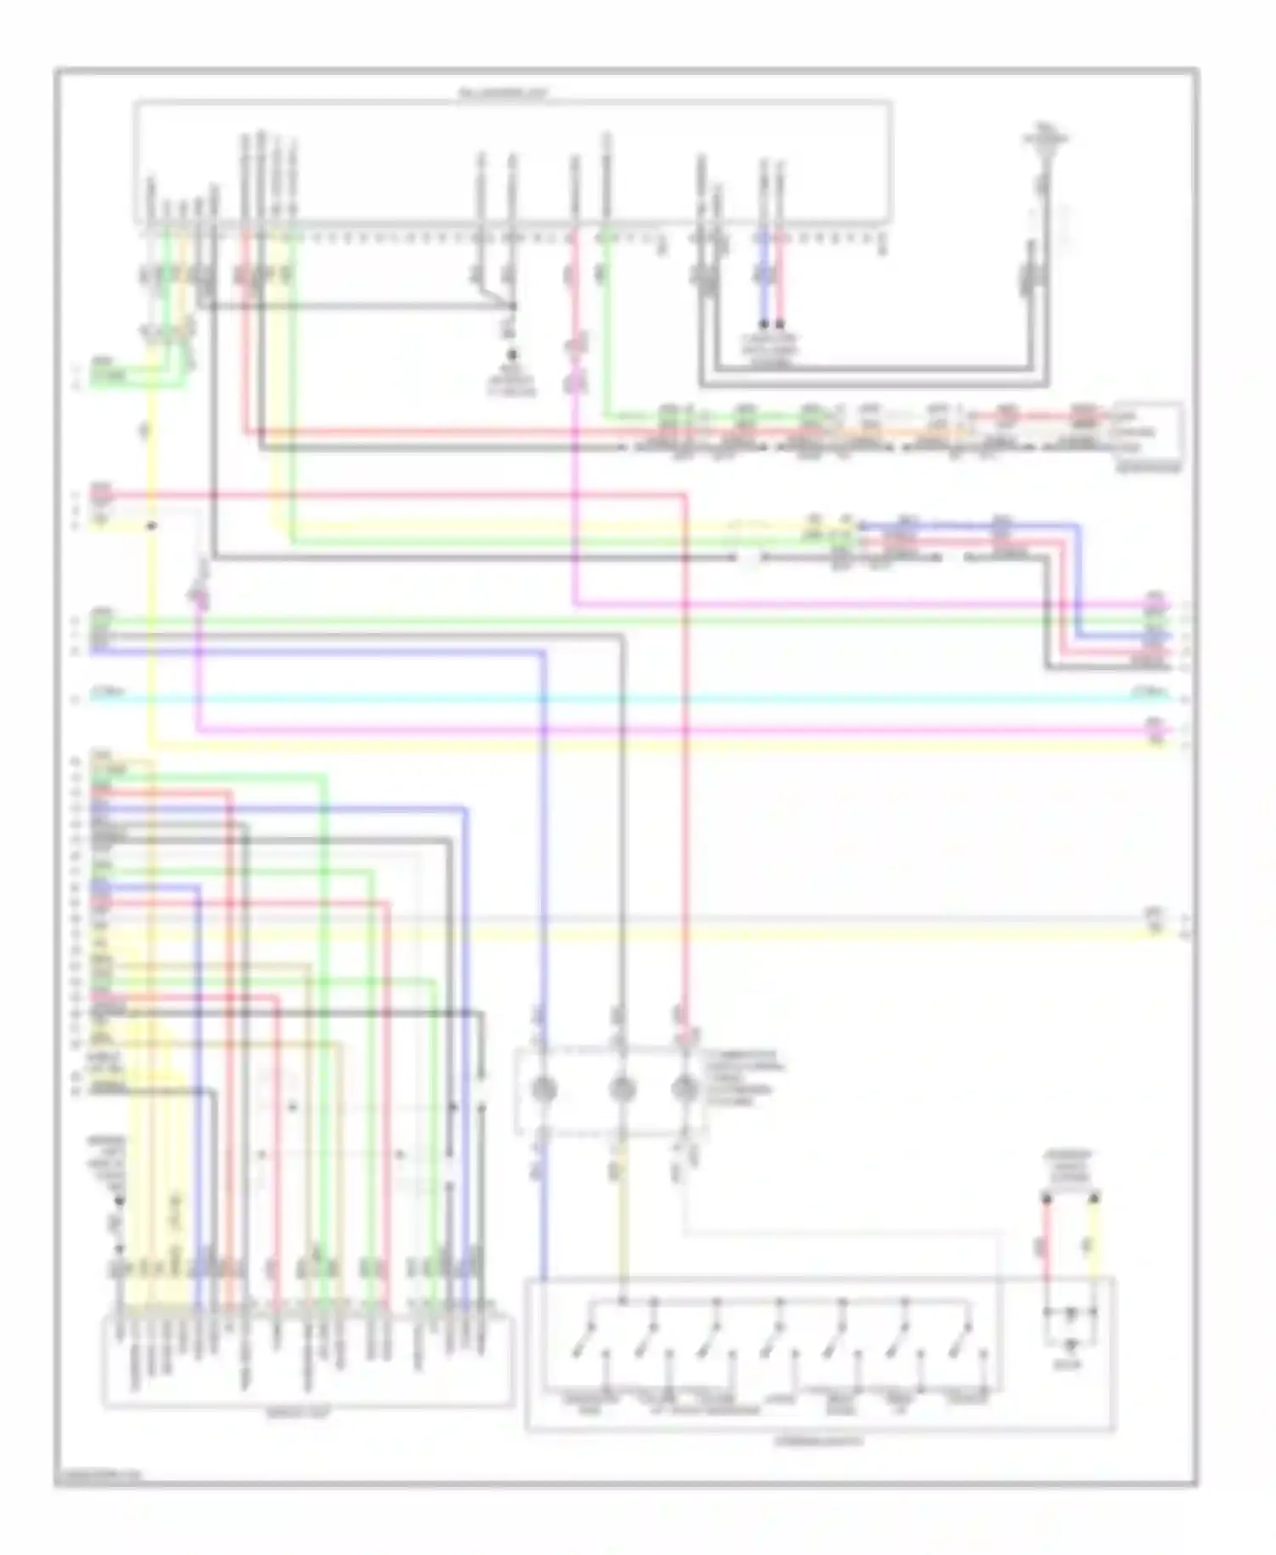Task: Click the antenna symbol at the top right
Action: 1045,145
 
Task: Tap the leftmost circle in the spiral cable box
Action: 544,1090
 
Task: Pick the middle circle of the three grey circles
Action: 623,1090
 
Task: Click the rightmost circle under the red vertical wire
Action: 685,1090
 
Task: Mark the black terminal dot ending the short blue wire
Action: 764,324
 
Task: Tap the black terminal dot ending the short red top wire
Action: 780,324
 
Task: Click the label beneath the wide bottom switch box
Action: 818,1441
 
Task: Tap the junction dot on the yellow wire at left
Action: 151,526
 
